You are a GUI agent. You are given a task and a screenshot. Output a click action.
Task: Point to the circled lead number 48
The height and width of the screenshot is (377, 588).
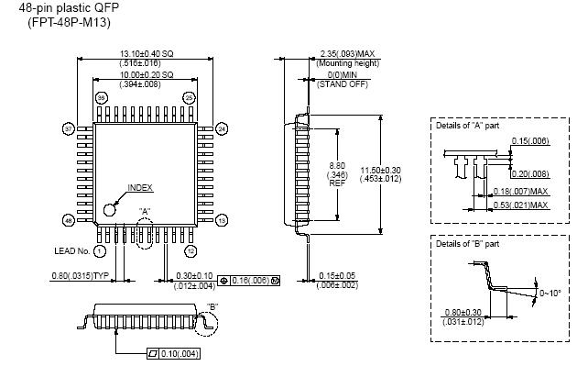67,221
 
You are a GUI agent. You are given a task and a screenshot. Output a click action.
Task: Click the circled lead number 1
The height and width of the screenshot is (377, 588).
99,250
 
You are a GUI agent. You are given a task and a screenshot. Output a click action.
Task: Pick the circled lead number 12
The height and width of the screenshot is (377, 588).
190,250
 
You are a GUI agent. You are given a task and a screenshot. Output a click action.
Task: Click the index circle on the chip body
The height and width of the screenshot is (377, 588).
110,208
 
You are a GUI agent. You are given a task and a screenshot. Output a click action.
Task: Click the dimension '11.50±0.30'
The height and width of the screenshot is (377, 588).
395,171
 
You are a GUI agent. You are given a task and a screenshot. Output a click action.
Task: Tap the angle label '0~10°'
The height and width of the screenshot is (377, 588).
552,293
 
